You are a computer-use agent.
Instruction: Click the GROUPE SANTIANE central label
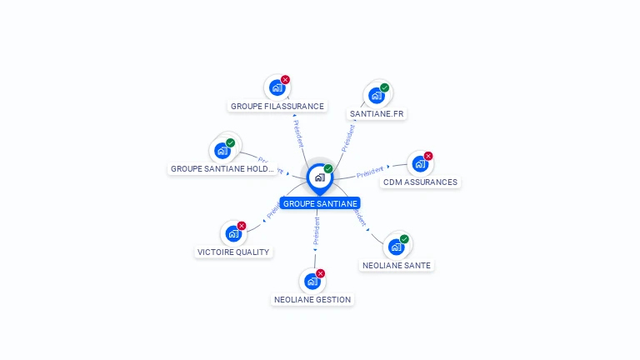pyautogui.click(x=320, y=203)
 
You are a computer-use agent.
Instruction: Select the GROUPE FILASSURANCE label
pyautogui.click(x=277, y=106)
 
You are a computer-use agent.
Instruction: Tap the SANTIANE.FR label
pyautogui.click(x=377, y=113)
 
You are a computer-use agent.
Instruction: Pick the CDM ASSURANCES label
pyautogui.click(x=420, y=182)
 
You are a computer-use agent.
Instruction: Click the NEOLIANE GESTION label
pyautogui.click(x=312, y=299)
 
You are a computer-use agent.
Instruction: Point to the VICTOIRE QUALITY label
pyautogui.click(x=233, y=252)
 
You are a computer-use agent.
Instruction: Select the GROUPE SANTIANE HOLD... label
pyautogui.click(x=222, y=168)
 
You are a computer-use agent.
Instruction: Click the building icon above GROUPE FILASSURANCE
pyautogui.click(x=277, y=88)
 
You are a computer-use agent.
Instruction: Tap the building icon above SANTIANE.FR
pyautogui.click(x=376, y=96)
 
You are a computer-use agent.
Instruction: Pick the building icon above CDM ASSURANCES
pyautogui.click(x=419, y=164)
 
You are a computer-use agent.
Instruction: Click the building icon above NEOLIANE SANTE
pyautogui.click(x=396, y=247)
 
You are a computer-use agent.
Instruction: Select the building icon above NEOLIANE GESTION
pyautogui.click(x=312, y=281)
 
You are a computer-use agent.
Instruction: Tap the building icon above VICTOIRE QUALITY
pyautogui.click(x=232, y=234)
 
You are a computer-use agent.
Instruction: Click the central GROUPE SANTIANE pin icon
pyautogui.click(x=319, y=177)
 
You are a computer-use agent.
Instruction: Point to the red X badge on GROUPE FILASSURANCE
pyautogui.click(x=285, y=80)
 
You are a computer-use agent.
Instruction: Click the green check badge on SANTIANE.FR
pyautogui.click(x=384, y=87)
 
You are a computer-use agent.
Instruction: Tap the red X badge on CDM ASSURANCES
pyautogui.click(x=428, y=156)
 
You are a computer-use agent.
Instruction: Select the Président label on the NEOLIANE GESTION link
pyautogui.click(x=316, y=233)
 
